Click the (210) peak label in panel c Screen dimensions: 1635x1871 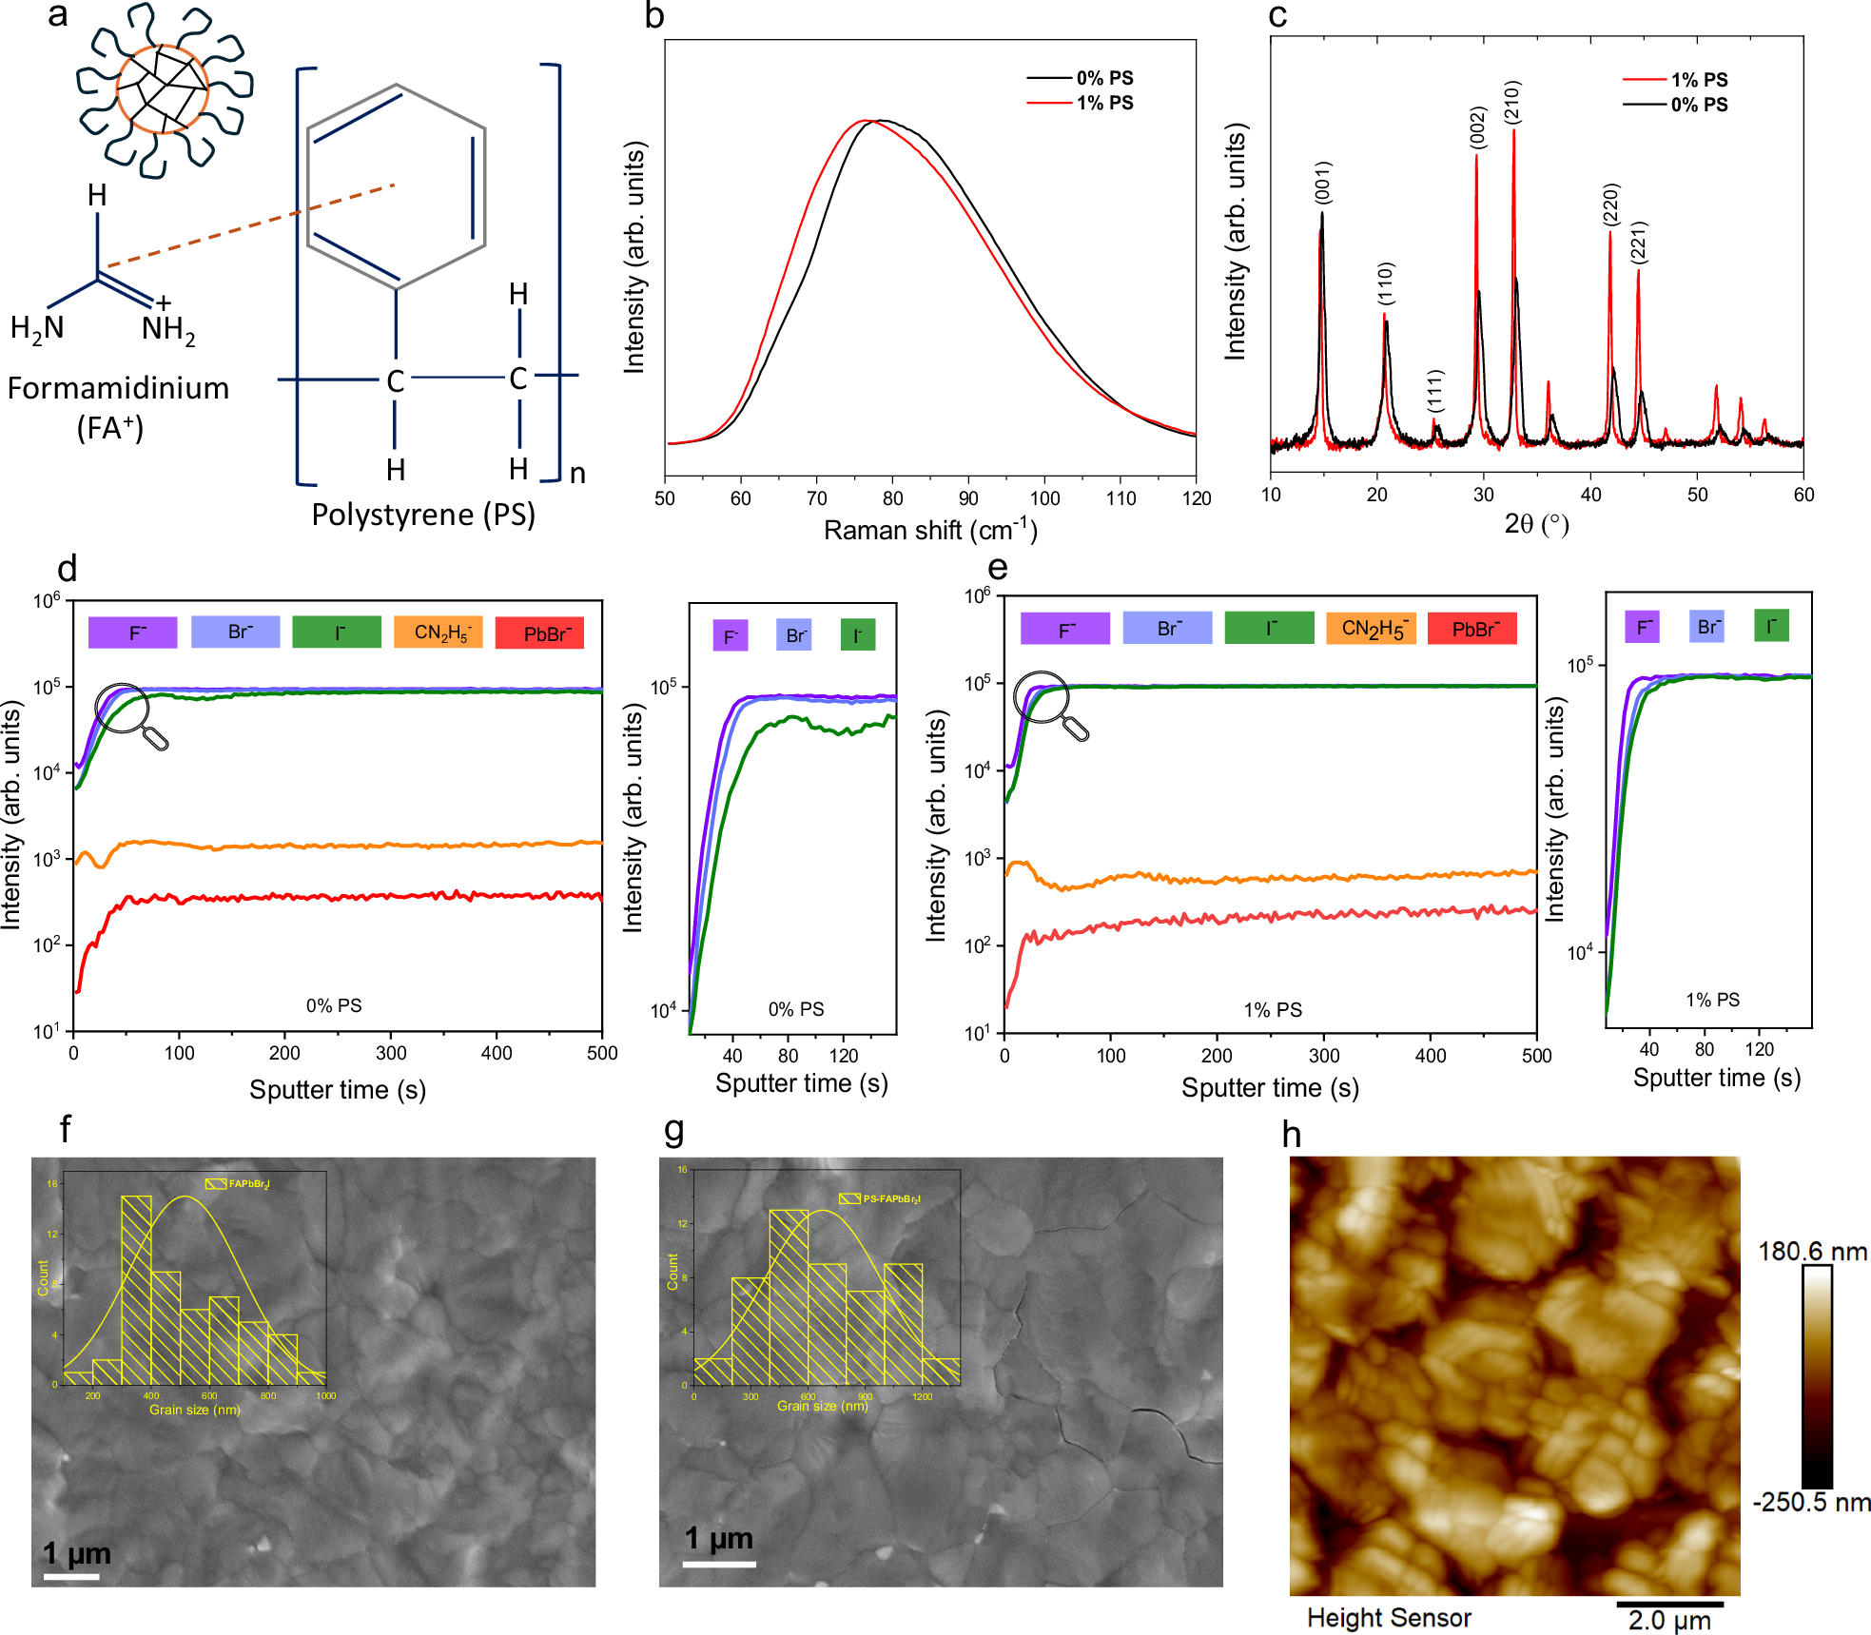pos(1512,102)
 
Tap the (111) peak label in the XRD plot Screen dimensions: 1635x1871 pos(1435,391)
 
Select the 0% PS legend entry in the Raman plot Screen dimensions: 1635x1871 pos(1103,78)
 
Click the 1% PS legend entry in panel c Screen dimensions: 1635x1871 pos(1698,80)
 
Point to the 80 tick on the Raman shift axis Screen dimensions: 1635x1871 pos(892,498)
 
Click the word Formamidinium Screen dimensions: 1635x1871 pos(118,388)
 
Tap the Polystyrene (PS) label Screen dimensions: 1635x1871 pos(423,515)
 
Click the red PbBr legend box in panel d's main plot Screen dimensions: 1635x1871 pos(540,633)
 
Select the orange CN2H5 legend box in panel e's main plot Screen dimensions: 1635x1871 pos(1371,629)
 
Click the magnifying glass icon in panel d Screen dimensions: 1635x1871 pos(130,715)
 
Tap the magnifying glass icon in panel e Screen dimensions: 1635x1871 pos(1049,704)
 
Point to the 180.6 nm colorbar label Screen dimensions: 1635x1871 pos(1811,1251)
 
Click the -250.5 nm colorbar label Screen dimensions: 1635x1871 pos(1811,1502)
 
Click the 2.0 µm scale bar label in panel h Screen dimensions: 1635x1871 pos(1669,1620)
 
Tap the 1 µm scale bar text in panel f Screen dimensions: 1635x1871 pos(77,1553)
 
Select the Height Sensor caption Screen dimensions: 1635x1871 pos(1389,1617)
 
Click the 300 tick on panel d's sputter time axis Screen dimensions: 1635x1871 pos(391,1053)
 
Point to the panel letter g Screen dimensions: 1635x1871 pos(673,1129)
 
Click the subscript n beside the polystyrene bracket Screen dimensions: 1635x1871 pos(577,473)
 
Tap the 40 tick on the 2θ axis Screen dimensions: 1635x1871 pos(1590,495)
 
